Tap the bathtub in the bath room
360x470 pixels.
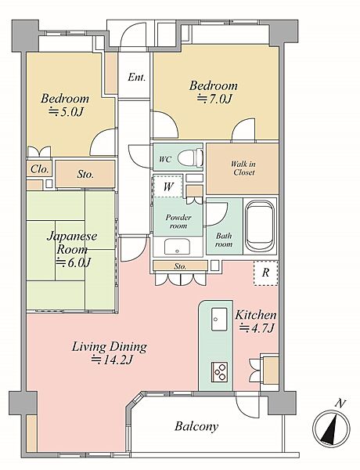259,226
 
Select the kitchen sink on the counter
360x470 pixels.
219,319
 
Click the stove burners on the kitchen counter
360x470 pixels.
219,372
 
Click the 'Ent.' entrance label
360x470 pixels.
137,78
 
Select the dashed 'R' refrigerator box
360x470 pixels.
265,273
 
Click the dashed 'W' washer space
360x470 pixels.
167,186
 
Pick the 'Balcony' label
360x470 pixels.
196,426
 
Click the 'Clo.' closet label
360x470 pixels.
40,169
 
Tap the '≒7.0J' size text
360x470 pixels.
214,99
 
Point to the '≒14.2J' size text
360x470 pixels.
111,359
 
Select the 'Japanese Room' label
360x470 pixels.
72,242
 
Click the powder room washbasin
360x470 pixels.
178,247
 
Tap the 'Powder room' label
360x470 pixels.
178,221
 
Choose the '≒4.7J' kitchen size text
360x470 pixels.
257,328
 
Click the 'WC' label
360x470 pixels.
165,159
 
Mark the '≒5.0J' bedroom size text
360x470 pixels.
67,112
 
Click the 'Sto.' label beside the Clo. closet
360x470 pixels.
85,174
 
